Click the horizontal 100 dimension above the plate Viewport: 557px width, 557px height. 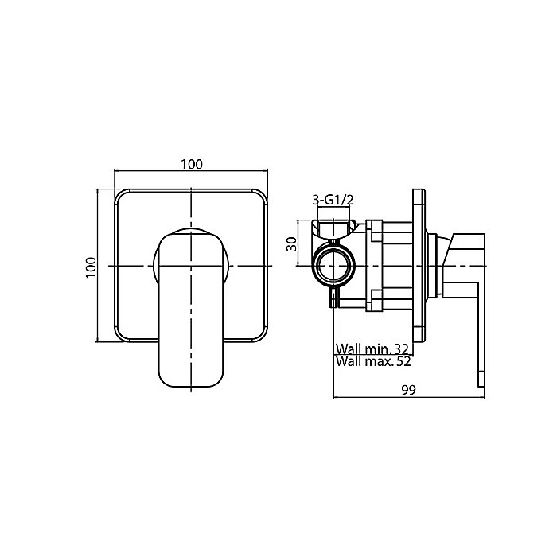(x=192, y=165)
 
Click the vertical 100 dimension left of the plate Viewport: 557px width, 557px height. (x=91, y=267)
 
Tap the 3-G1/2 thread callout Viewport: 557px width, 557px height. (x=333, y=200)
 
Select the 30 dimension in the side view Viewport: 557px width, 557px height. (x=292, y=243)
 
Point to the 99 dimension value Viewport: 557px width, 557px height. (x=408, y=390)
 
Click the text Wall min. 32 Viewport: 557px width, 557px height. (x=372, y=349)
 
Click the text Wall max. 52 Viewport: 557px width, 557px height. (x=373, y=361)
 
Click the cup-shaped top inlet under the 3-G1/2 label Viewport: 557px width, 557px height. (x=333, y=228)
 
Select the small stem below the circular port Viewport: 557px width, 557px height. (x=334, y=297)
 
